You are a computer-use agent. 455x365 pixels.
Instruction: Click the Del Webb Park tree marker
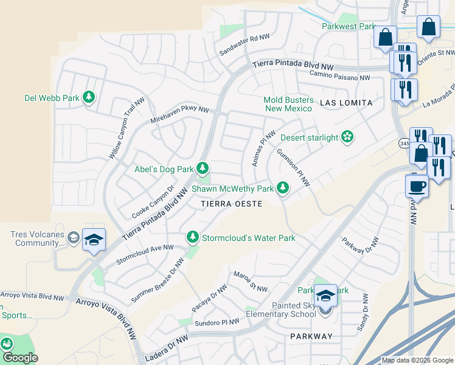click(89, 97)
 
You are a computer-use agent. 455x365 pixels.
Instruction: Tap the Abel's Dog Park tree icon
click(202, 169)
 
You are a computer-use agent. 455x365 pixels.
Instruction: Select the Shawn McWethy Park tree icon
click(282, 189)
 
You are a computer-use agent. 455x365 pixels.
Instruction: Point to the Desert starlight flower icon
click(347, 137)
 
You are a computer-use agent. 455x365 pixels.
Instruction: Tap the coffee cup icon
click(417, 186)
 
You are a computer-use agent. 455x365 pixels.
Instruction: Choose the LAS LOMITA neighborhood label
click(346, 103)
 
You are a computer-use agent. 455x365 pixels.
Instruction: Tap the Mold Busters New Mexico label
click(288, 104)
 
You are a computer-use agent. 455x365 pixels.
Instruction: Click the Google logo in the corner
click(20, 358)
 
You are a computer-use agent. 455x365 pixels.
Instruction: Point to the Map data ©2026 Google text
click(417, 360)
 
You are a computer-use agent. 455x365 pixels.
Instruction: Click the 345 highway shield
click(405, 144)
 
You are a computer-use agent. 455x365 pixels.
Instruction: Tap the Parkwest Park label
click(349, 26)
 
